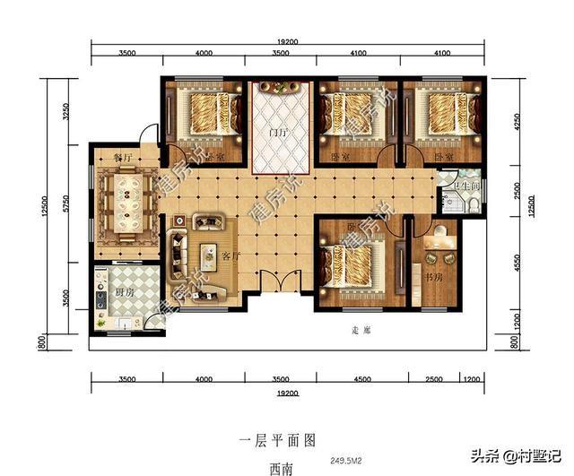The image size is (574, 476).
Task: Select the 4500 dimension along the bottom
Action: (362, 379)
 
